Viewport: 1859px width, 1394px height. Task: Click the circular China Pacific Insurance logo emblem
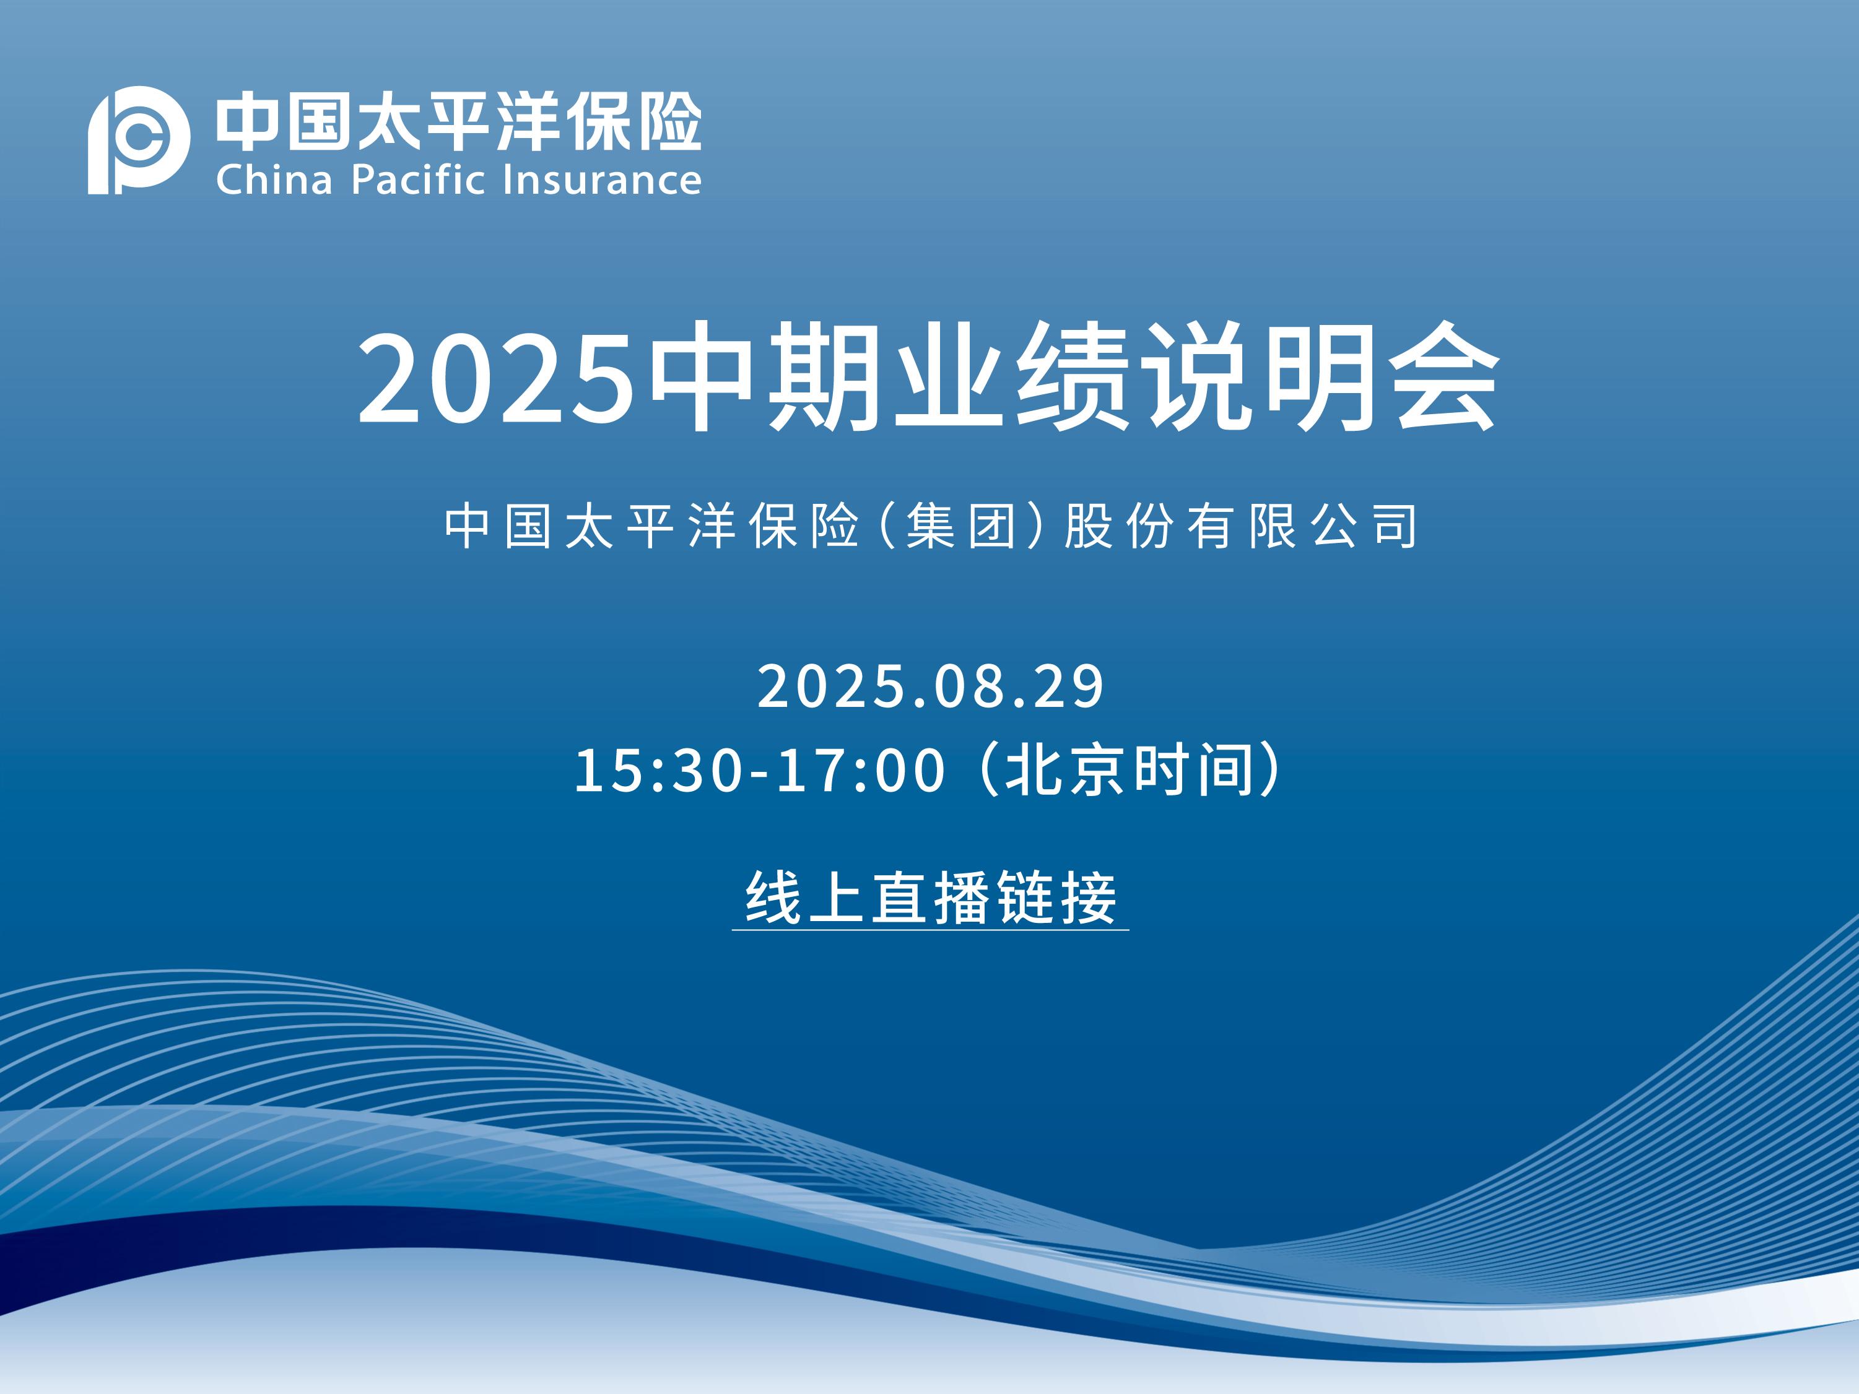click(139, 139)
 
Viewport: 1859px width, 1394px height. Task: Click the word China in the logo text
click(275, 180)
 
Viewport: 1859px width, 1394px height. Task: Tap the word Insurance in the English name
click(602, 180)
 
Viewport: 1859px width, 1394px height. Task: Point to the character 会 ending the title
click(1443, 376)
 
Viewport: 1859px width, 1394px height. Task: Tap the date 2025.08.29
click(930, 686)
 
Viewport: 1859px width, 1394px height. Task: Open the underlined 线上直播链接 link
click(930, 898)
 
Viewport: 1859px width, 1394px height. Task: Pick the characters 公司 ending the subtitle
click(1364, 526)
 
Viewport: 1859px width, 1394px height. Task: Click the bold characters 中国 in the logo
click(282, 122)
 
